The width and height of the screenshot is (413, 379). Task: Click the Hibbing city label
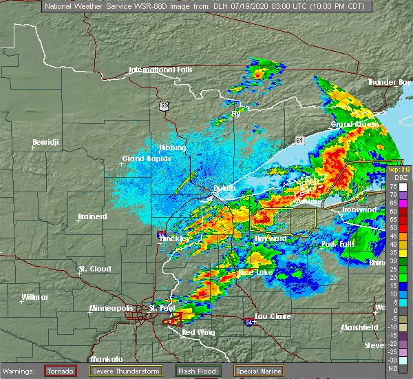(172, 147)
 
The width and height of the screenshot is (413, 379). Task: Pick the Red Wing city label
(198, 332)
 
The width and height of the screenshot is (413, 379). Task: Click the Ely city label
(237, 114)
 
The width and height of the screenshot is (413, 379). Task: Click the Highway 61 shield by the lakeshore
(299, 140)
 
